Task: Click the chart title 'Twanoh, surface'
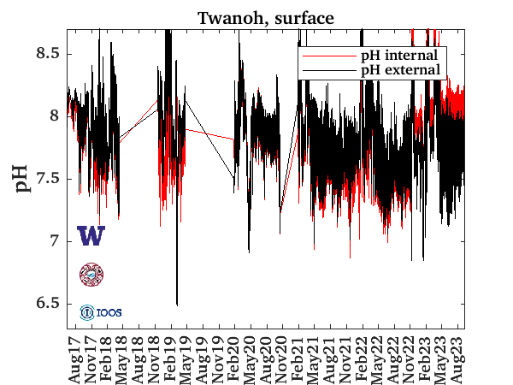pos(266,17)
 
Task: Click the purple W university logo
pos(91,236)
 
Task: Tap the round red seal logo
pos(91,274)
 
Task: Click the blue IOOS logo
pos(101,312)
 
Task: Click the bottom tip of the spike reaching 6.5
pos(177,305)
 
